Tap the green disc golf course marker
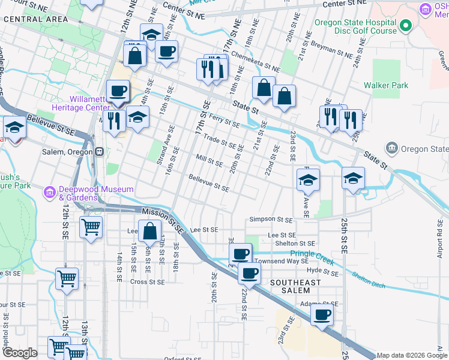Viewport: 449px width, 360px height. [x=406, y=26]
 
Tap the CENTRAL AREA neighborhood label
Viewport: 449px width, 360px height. [x=35, y=19]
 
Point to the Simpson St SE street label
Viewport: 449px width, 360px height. [x=271, y=220]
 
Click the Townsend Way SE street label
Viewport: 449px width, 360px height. [x=281, y=261]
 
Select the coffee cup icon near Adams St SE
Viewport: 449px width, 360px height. [x=322, y=314]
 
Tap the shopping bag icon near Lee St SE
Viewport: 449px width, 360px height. [x=149, y=231]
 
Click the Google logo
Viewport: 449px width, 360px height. [x=20, y=353]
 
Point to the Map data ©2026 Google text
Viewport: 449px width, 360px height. [x=412, y=355]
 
